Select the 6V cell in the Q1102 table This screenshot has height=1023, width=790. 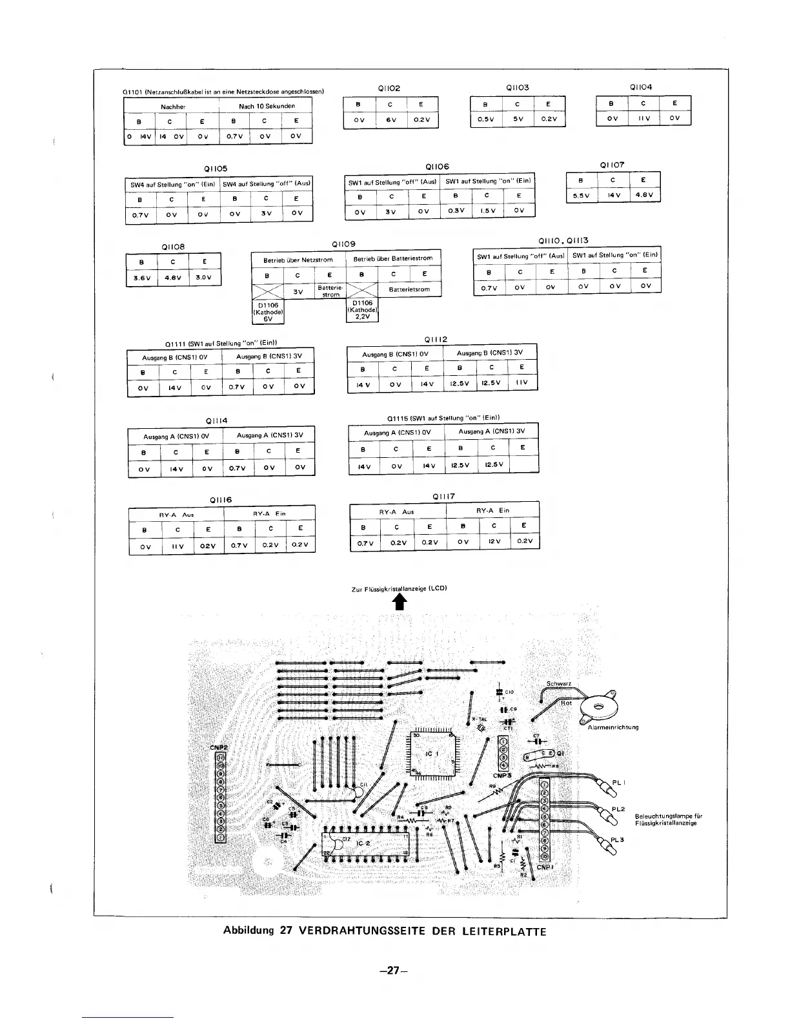pos(390,120)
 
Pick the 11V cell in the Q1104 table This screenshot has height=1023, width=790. pos(643,118)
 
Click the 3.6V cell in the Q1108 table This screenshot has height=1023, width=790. pos(141,279)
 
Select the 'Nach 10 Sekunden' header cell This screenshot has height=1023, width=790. pos(267,106)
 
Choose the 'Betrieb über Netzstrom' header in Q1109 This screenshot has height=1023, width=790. pos(298,260)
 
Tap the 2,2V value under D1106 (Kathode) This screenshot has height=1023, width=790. pos(361,316)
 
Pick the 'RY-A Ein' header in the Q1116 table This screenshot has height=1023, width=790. pos(269,513)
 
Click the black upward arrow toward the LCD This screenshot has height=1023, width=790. pos(400,602)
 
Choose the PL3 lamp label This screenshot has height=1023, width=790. pos(618,840)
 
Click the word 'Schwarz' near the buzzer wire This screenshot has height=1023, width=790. pos(559,684)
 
